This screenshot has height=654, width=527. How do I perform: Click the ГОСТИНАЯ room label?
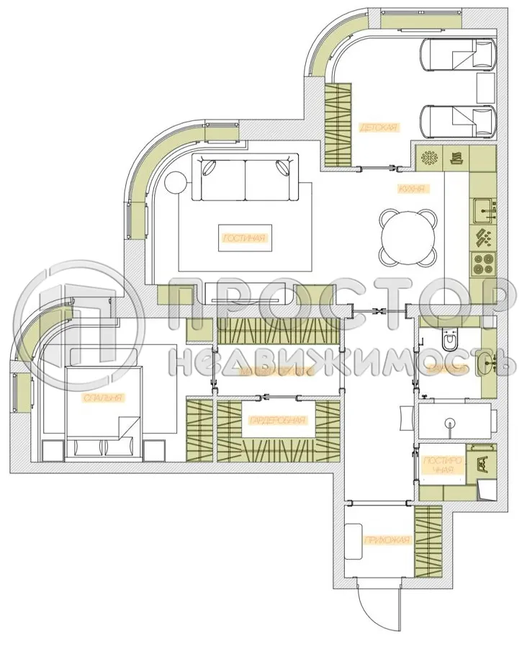[x=246, y=238]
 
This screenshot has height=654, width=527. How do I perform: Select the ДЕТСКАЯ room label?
[x=378, y=127]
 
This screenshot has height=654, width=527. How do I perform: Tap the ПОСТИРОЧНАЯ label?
[x=438, y=465]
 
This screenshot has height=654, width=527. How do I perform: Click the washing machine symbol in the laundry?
[x=480, y=464]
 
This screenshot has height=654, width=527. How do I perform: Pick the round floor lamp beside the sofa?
[x=176, y=183]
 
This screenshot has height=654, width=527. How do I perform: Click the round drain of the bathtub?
[x=451, y=422]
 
